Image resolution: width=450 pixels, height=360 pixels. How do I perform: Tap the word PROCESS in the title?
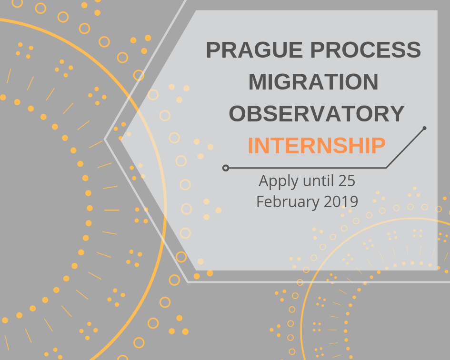[x=365, y=50]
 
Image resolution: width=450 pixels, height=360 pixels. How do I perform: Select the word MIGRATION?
[x=313, y=82]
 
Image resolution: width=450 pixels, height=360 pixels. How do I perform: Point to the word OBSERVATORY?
[x=317, y=114]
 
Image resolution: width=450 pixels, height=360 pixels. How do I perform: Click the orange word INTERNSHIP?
[x=317, y=146]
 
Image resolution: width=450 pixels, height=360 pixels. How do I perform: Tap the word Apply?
[x=275, y=181]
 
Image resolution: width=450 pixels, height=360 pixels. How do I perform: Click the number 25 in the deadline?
[x=347, y=180]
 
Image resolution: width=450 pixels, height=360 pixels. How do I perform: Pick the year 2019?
[x=341, y=201]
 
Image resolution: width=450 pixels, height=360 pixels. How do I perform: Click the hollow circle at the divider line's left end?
[x=226, y=168]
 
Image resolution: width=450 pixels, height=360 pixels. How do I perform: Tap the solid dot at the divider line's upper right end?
[x=424, y=128]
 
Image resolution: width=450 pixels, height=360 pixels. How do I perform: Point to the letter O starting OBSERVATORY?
[x=238, y=114]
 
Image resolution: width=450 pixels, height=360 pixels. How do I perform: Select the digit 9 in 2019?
[x=354, y=201]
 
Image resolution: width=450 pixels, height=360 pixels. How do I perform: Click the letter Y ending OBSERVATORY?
[x=396, y=114]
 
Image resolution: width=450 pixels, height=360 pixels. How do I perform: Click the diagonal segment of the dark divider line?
[x=405, y=148]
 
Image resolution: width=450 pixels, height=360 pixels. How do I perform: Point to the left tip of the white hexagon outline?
[x=105, y=140]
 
